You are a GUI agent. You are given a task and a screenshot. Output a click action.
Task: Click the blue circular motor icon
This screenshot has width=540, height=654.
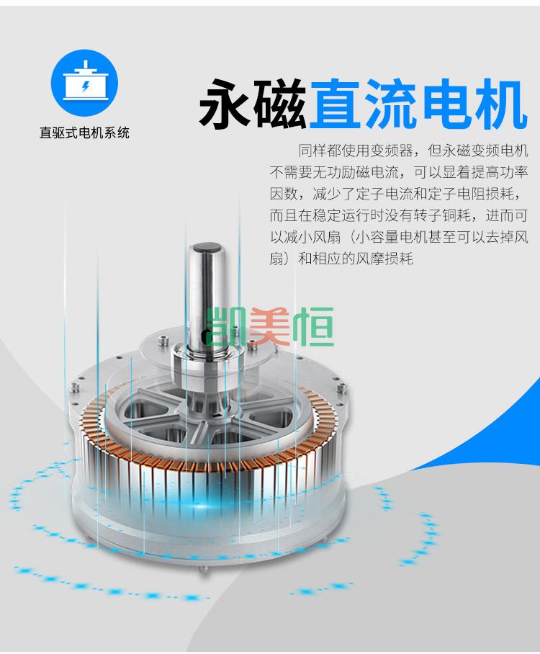(85, 83)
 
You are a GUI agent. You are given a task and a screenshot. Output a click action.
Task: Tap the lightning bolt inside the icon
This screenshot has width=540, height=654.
(86, 86)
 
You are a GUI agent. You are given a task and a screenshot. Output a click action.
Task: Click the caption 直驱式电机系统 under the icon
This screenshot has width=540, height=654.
(85, 133)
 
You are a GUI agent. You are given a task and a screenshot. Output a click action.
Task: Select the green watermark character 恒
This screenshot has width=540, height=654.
(312, 326)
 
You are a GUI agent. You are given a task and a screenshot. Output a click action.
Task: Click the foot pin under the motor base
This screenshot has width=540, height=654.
(204, 568)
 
